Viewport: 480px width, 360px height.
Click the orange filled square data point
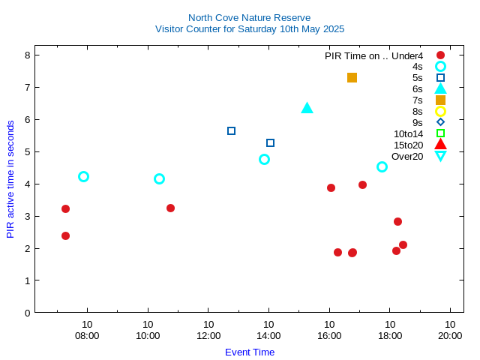click(352, 77)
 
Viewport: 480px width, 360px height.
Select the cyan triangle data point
click(307, 109)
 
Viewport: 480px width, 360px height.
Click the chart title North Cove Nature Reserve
click(249, 17)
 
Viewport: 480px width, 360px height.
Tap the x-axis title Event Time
click(250, 352)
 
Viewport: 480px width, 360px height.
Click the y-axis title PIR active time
click(10, 178)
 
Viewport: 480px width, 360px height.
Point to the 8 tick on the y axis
click(27, 55)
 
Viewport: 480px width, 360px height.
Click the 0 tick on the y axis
click(27, 313)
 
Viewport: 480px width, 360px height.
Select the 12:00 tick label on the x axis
click(208, 335)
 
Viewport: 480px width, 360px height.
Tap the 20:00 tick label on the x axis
click(450, 335)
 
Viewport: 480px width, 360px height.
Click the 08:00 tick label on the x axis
click(87, 335)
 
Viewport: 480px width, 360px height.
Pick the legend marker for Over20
click(440, 156)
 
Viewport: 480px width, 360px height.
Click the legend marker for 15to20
click(440, 145)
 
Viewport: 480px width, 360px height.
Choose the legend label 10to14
click(408, 133)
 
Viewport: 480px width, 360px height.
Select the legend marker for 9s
click(440, 122)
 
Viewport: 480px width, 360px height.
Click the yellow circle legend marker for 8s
click(440, 111)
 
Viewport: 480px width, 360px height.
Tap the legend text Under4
click(407, 55)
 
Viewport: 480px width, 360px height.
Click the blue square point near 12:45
click(231, 130)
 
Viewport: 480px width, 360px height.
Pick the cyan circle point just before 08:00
click(83, 176)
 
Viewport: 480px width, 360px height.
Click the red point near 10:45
click(170, 208)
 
